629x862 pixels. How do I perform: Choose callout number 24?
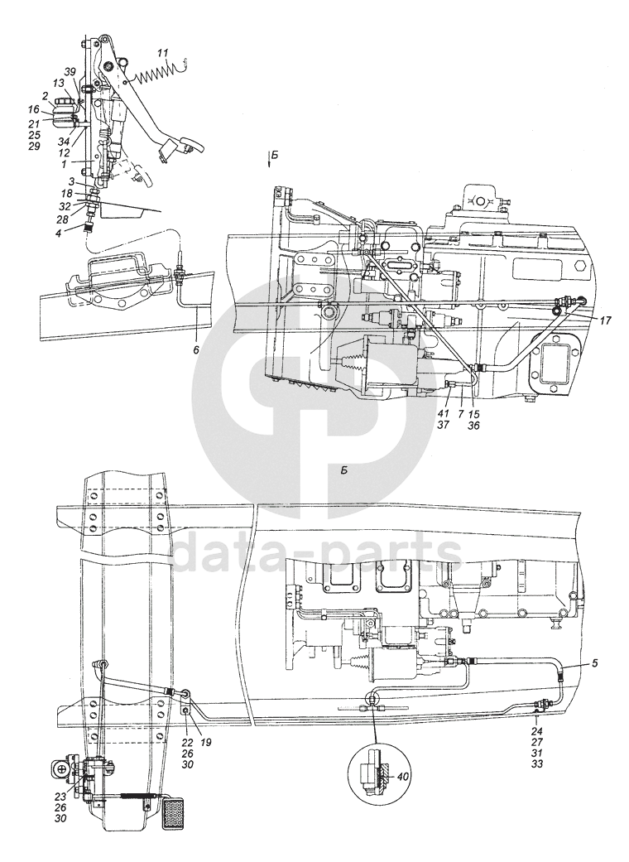(x=535, y=731)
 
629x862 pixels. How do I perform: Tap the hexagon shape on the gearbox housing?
(x=579, y=270)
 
